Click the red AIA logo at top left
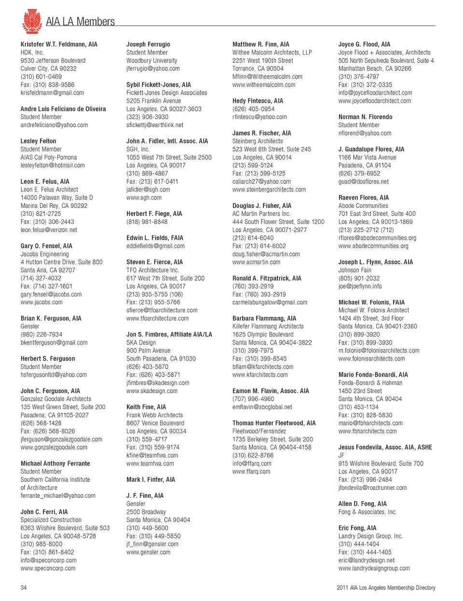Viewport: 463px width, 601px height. click(x=32, y=21)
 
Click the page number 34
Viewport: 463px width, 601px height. click(x=24, y=587)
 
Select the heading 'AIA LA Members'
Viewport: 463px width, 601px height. click(x=80, y=22)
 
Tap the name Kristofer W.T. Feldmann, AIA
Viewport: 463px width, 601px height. click(x=59, y=44)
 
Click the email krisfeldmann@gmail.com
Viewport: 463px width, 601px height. click(x=52, y=93)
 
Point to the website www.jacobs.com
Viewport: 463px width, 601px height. click(x=41, y=302)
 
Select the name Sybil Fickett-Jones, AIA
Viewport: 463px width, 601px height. click(x=158, y=84)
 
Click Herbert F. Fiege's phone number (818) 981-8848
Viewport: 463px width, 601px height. click(x=147, y=222)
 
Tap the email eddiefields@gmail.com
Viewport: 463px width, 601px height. click(x=155, y=246)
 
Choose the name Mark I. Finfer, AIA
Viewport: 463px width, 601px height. click(x=150, y=479)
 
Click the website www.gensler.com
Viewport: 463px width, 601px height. click(x=148, y=552)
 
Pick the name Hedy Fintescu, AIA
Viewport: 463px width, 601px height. click(x=258, y=101)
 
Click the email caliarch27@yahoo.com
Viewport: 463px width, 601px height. click(x=261, y=181)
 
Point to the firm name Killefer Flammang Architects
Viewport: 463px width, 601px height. click(x=268, y=327)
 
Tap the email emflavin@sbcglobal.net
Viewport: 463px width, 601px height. click(x=262, y=407)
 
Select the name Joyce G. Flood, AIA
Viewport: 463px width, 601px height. click(x=364, y=44)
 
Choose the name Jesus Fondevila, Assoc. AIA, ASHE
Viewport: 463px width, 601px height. click(x=385, y=447)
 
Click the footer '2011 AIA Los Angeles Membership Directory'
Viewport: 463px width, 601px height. click(x=386, y=587)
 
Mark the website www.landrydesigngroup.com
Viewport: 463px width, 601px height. click(x=374, y=568)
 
